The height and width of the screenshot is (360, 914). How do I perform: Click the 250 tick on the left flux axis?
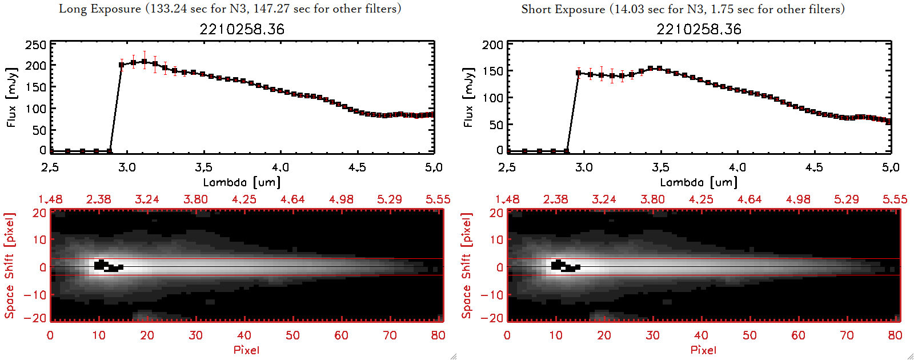click(x=35, y=45)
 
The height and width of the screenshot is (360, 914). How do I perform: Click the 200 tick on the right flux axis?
click(x=492, y=45)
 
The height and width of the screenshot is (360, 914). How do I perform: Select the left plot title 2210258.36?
click(x=242, y=29)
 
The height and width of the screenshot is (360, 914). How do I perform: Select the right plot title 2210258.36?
click(x=699, y=29)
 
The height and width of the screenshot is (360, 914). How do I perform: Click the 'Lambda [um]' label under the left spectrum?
click(x=242, y=182)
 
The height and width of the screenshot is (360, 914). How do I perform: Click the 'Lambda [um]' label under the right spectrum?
click(x=699, y=182)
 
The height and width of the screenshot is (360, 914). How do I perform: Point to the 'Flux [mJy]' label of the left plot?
click(x=12, y=97)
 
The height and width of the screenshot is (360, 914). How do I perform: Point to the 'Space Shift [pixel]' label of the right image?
click(x=467, y=266)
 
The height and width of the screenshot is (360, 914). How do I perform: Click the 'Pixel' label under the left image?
click(x=246, y=350)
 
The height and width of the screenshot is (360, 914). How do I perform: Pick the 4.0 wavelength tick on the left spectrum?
click(x=280, y=167)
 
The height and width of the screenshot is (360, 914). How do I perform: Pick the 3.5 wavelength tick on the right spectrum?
click(x=660, y=167)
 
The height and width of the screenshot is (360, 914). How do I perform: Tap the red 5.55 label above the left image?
click(x=438, y=199)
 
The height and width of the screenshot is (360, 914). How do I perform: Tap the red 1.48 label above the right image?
click(x=507, y=199)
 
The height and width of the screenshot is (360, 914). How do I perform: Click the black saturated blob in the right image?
click(x=564, y=266)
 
